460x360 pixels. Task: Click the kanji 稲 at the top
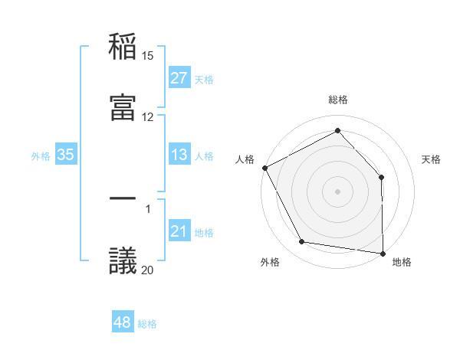123,48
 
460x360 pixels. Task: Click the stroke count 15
148,56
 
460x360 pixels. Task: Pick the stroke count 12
148,117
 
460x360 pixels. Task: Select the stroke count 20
148,269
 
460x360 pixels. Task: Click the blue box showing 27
179,78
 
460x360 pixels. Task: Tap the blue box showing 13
179,155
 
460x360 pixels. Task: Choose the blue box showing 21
179,232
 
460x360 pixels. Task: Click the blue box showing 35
66,155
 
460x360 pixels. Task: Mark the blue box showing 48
123,323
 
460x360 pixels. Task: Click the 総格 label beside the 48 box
147,324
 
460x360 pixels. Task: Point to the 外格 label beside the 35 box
41,156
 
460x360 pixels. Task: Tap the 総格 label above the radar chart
338,100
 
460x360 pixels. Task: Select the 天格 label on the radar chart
432,159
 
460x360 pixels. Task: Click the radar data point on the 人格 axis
264,168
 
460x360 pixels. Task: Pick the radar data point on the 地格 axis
383,252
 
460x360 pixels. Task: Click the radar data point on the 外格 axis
302,243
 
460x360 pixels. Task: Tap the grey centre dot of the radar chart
338,191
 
